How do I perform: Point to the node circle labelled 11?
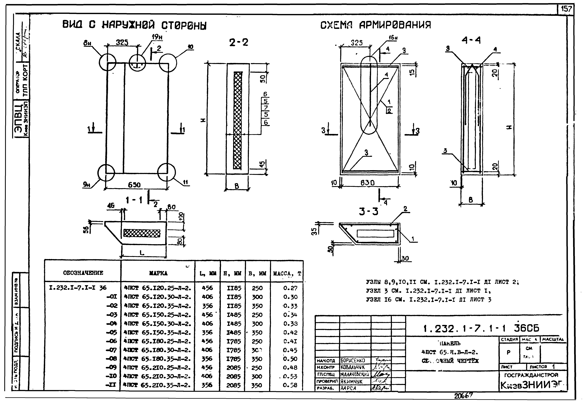click(x=166, y=172)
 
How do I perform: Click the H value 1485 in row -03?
click(x=234, y=315)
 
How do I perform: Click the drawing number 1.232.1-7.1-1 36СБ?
click(x=481, y=329)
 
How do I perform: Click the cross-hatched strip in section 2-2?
click(x=237, y=120)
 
